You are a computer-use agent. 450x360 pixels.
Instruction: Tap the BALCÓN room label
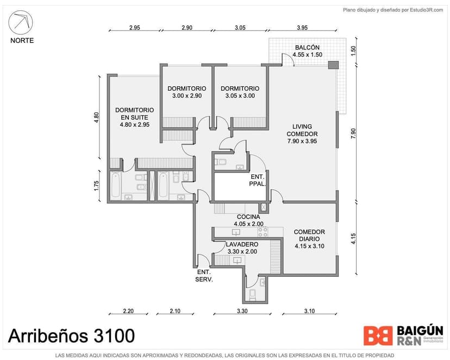(x=307, y=51)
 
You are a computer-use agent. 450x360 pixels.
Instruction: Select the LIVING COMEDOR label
(x=302, y=134)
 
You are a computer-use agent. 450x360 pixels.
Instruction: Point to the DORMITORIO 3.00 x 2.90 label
(x=186, y=92)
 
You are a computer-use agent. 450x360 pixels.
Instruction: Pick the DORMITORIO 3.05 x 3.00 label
(x=240, y=92)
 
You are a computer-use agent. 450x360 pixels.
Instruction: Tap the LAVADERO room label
(x=241, y=248)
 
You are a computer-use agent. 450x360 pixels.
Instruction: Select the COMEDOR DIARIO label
(x=309, y=239)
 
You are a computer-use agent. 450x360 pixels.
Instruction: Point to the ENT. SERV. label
(x=204, y=276)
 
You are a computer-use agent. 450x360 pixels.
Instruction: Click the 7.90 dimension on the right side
(x=353, y=133)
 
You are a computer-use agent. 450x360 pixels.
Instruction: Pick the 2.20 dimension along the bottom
(x=128, y=312)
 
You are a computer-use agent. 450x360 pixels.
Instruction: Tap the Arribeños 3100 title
(x=71, y=335)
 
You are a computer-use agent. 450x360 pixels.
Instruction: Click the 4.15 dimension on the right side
(x=353, y=239)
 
